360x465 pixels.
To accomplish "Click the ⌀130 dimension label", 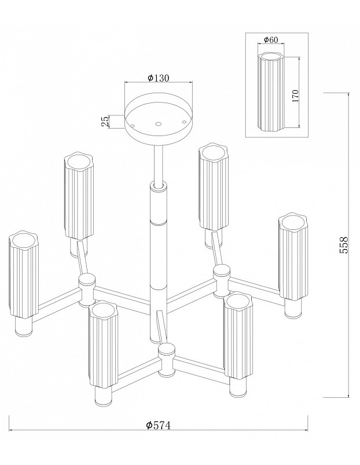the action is click(158, 78).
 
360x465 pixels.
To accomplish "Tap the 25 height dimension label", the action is click(105, 122).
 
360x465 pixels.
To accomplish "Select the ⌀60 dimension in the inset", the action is click(271, 39).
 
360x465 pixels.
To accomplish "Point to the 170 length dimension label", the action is click(295, 96).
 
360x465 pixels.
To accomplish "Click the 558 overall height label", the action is click(343, 244).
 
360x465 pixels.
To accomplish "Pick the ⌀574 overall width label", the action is click(159, 425).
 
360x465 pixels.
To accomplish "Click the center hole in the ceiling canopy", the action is click(159, 124).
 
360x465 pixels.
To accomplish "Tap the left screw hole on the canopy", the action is click(133, 126).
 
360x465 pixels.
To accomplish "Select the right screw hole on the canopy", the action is click(184, 122).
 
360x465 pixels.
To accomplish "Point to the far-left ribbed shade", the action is click(23, 275).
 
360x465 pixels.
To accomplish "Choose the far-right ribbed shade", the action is click(293, 258).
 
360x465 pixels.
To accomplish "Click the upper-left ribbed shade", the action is click(79, 196).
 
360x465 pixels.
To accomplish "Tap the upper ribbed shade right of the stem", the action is click(213, 187).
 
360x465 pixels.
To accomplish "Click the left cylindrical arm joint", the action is click(86, 290).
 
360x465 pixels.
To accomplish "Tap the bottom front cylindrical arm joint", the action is click(166, 360).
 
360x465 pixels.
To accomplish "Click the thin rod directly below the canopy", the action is click(159, 164).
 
